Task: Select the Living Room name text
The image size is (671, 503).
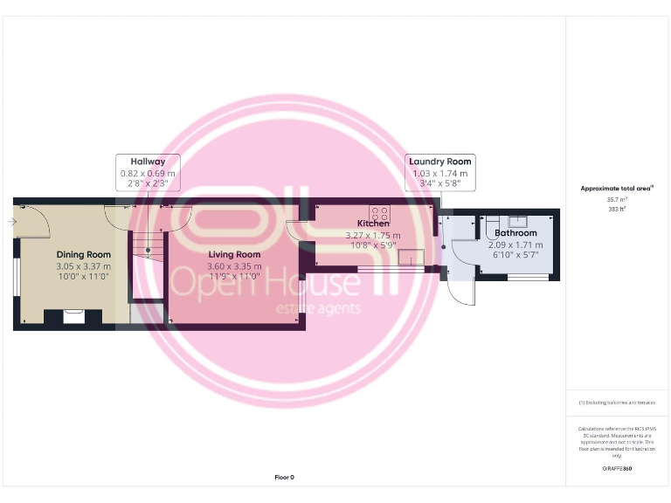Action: [234, 254]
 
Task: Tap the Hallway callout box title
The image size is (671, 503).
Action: [148, 162]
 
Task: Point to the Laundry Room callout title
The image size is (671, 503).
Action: [440, 162]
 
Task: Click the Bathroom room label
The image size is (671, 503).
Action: [515, 233]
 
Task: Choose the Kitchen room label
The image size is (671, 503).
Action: [373, 224]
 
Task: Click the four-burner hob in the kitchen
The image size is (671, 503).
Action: [380, 212]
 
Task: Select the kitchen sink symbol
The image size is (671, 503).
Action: [411, 257]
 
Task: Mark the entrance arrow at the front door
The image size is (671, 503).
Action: [11, 223]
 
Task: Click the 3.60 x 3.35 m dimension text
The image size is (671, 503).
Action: [234, 265]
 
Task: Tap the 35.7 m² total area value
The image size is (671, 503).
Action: [617, 200]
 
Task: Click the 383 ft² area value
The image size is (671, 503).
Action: [617, 210]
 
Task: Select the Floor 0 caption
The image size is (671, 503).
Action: [285, 477]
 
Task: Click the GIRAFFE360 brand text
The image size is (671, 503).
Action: [617, 469]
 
